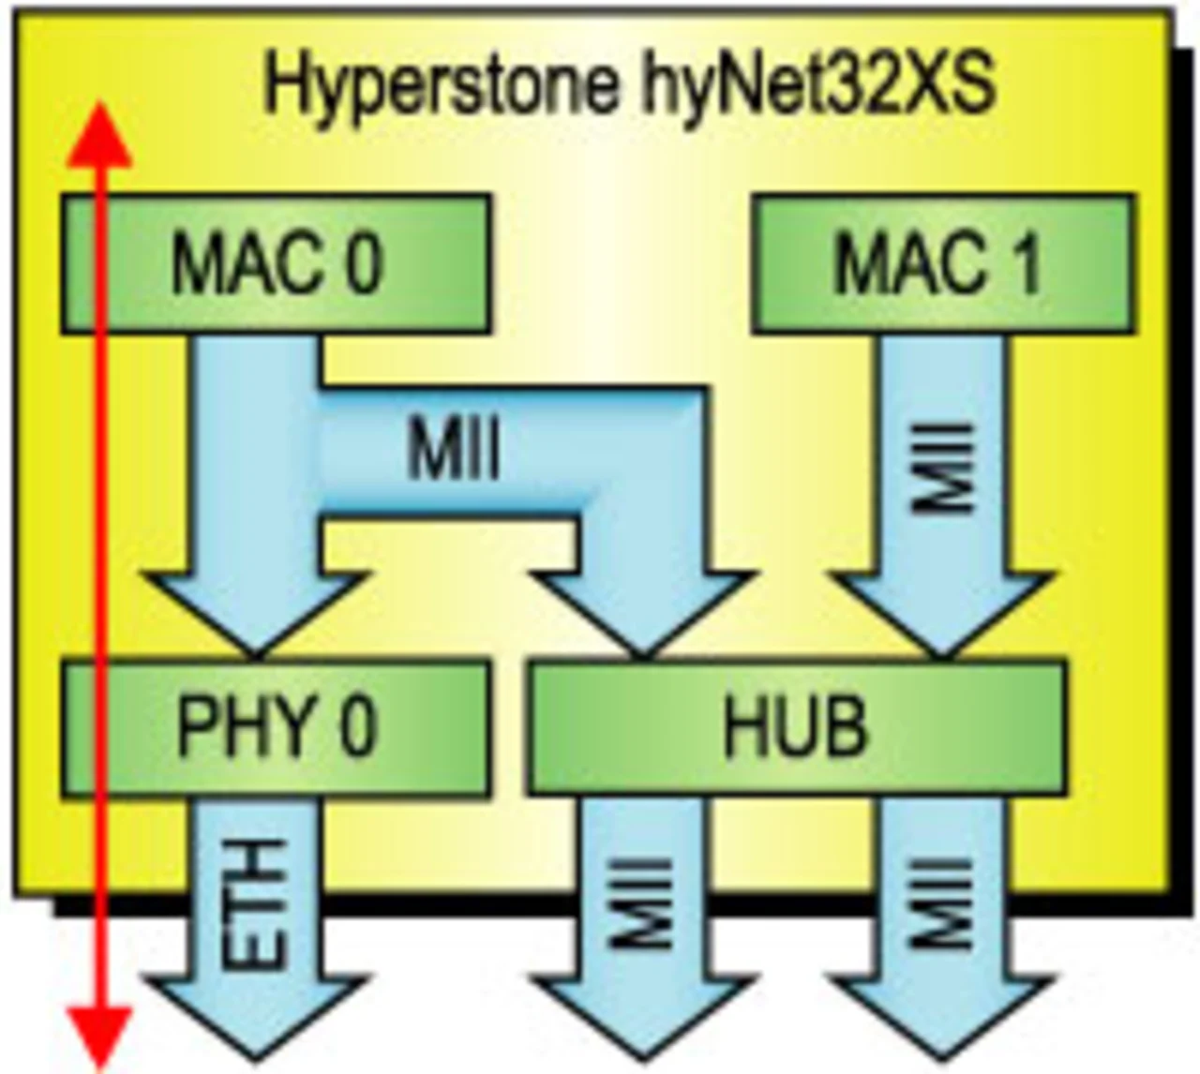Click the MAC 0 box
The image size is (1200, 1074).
[x=276, y=263]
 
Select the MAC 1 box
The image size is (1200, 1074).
[x=941, y=263]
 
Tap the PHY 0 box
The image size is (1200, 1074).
[x=276, y=728]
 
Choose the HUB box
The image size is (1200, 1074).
[x=797, y=728]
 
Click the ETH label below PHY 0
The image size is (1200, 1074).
[x=254, y=904]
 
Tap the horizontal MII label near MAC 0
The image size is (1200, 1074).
[x=454, y=450]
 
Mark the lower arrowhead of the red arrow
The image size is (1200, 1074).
[x=99, y=1036]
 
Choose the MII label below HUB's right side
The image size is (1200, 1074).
[x=942, y=904]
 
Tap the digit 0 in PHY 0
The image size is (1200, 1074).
[x=356, y=728]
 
